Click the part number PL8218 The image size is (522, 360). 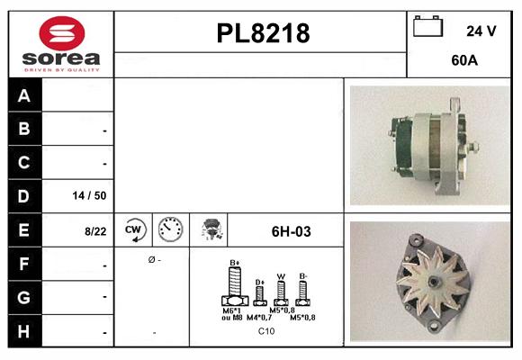pyautogui.click(x=263, y=34)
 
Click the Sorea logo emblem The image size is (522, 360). pyautogui.click(x=61, y=33)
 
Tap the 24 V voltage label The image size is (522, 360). pyautogui.click(x=481, y=31)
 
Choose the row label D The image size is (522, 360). pyautogui.click(x=24, y=195)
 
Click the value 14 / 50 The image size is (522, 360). pyautogui.click(x=89, y=195)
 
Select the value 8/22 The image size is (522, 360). pyautogui.click(x=94, y=231)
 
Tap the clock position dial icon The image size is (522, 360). pyautogui.click(x=169, y=230)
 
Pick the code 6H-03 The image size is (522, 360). pyautogui.click(x=291, y=231)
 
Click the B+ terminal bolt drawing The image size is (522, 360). pyautogui.click(x=235, y=287)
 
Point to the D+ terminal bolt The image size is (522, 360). pyautogui.click(x=260, y=294)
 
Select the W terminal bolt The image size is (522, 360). pyautogui.click(x=281, y=292)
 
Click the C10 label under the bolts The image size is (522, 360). pyautogui.click(x=266, y=331)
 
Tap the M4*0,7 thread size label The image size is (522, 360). pyautogui.click(x=257, y=318)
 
